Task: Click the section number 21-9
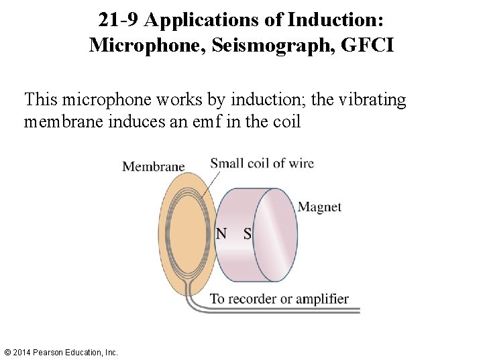coord(119,20)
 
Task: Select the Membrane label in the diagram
coord(153,166)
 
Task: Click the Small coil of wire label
coord(262,163)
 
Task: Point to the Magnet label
coord(319,207)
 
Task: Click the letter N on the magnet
coord(221,234)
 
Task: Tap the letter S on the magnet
coord(247,234)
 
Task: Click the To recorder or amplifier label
coord(279,299)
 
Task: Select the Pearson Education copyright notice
coord(60,352)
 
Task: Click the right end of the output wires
coord(358,310)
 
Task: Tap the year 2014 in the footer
coord(22,352)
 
